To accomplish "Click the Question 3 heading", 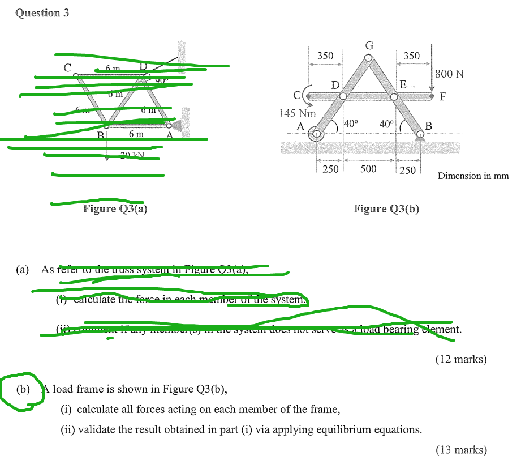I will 42,13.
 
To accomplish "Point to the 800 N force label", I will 449,74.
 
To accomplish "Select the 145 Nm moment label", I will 297,113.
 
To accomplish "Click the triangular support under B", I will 420,136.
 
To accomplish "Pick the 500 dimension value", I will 368,169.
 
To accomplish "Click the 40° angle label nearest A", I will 351,123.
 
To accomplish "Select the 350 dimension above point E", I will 411,56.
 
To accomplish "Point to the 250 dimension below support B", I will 407,170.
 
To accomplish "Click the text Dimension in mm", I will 473,176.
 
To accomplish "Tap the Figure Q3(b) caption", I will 386,209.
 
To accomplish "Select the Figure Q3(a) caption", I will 115,209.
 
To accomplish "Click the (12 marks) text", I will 460,359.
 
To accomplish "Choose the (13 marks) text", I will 460,450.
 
